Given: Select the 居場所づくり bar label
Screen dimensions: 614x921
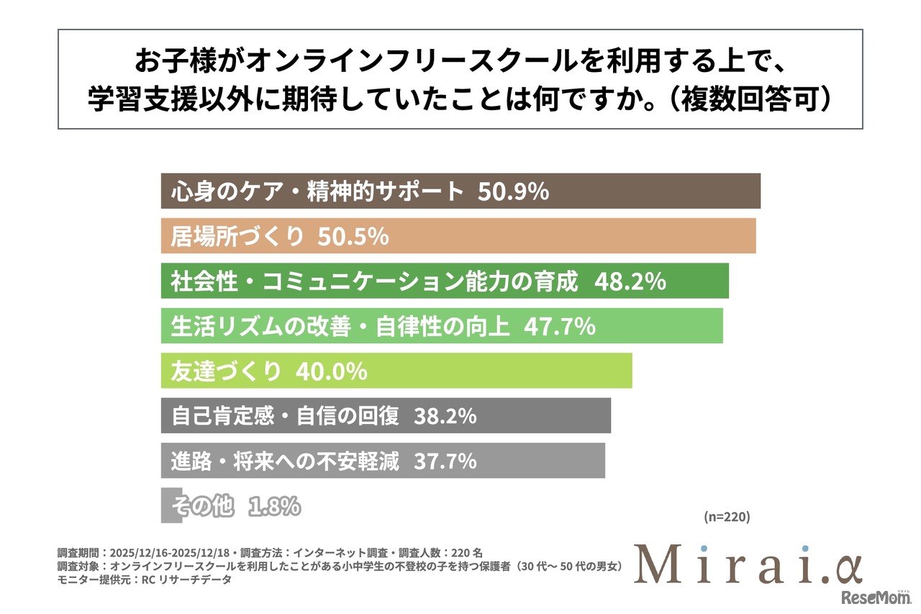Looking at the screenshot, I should click(x=237, y=237).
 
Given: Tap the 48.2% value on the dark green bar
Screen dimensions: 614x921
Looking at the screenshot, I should click(x=630, y=282).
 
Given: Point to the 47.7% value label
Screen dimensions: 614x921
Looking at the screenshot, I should click(x=559, y=327).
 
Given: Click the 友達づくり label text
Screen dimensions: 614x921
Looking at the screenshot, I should click(x=225, y=371).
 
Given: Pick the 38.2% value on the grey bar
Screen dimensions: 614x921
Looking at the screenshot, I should click(x=445, y=416).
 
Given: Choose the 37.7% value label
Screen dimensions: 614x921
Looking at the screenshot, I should click(x=445, y=461).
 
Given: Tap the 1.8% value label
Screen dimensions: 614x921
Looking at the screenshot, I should click(x=274, y=506).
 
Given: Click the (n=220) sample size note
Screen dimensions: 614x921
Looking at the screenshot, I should click(x=726, y=517).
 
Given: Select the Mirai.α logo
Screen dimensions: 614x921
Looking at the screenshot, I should click(x=748, y=564).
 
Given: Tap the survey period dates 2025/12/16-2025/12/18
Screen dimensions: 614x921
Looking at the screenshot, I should click(x=168, y=554).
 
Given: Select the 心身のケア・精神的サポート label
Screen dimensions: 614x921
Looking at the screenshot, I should click(x=317, y=192).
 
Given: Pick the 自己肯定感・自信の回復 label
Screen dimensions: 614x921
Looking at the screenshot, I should click(x=285, y=416).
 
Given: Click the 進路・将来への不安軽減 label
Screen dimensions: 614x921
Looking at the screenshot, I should click(x=285, y=461).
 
